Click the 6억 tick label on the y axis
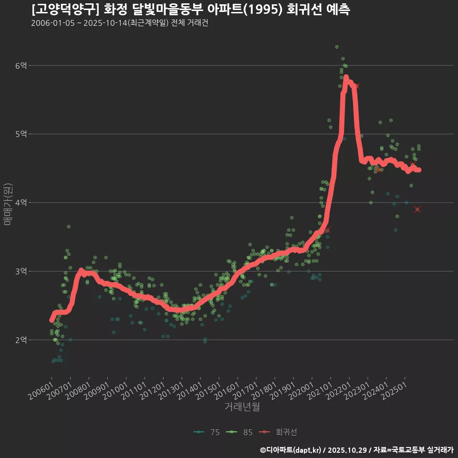21,65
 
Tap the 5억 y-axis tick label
21,134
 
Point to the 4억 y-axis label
21,203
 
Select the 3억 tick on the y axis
21,271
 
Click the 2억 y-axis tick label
21,340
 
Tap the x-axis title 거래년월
242,407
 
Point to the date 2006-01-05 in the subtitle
52,23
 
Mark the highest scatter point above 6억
337,47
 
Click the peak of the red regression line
346,77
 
